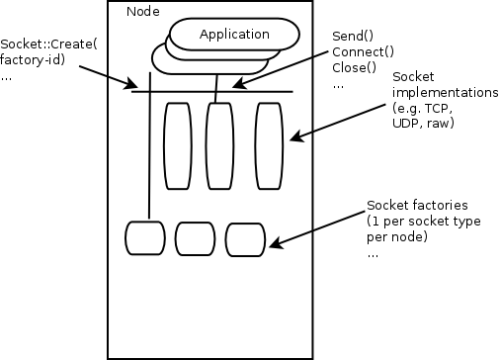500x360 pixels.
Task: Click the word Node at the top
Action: click(143, 11)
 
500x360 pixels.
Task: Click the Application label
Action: click(234, 35)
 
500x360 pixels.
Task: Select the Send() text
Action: click(352, 36)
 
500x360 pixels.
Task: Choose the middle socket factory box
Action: click(195, 237)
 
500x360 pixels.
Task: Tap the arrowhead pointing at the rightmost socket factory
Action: click(271, 243)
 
